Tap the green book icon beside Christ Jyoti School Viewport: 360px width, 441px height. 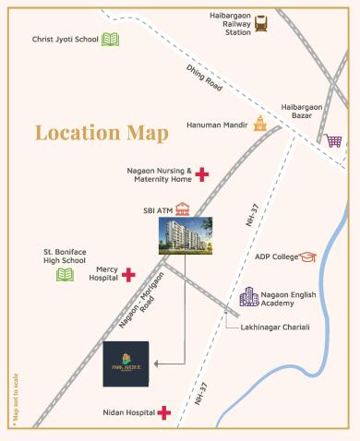pyautogui.click(x=111, y=40)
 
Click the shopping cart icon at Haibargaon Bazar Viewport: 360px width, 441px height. pyautogui.click(x=332, y=141)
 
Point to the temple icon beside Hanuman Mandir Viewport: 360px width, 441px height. pyautogui.click(x=260, y=124)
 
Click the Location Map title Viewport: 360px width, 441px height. pyautogui.click(x=102, y=132)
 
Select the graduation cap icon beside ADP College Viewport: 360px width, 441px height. pyautogui.click(x=307, y=256)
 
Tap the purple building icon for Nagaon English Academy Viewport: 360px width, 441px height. pyautogui.click(x=249, y=296)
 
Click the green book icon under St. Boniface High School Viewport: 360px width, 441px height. pyautogui.click(x=65, y=274)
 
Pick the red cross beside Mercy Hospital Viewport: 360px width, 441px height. pyautogui.click(x=128, y=274)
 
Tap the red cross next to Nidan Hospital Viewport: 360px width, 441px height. pyautogui.click(x=164, y=413)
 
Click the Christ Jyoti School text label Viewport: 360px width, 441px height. pyautogui.click(x=64, y=40)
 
